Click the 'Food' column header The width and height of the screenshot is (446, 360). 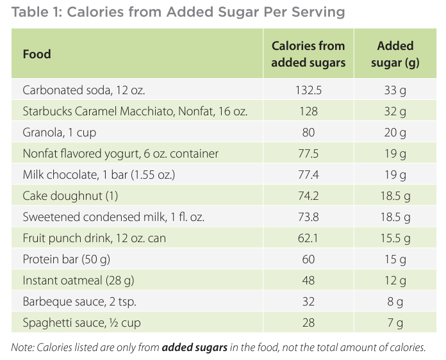click(37, 54)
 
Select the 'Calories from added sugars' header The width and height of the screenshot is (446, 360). click(308, 54)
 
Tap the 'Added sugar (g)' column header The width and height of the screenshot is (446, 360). click(395, 54)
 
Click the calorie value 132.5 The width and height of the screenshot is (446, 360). click(308, 90)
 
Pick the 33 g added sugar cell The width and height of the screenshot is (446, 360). click(395, 90)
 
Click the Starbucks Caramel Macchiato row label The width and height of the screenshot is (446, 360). click(135, 111)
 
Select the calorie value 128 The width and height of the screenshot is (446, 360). click(308, 111)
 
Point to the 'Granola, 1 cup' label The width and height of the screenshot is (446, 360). click(59, 133)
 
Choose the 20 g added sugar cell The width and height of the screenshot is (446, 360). click(395, 133)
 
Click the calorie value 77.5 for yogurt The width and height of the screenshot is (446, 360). click(308, 154)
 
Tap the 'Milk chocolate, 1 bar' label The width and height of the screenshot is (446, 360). click(90, 175)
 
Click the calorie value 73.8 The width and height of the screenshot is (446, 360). click(308, 217)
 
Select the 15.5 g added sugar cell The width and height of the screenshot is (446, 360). click(395, 238)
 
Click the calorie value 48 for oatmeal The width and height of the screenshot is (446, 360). click(308, 281)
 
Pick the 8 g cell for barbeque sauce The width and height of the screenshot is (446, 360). click(395, 302)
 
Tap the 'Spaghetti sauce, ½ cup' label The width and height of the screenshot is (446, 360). click(81, 323)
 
